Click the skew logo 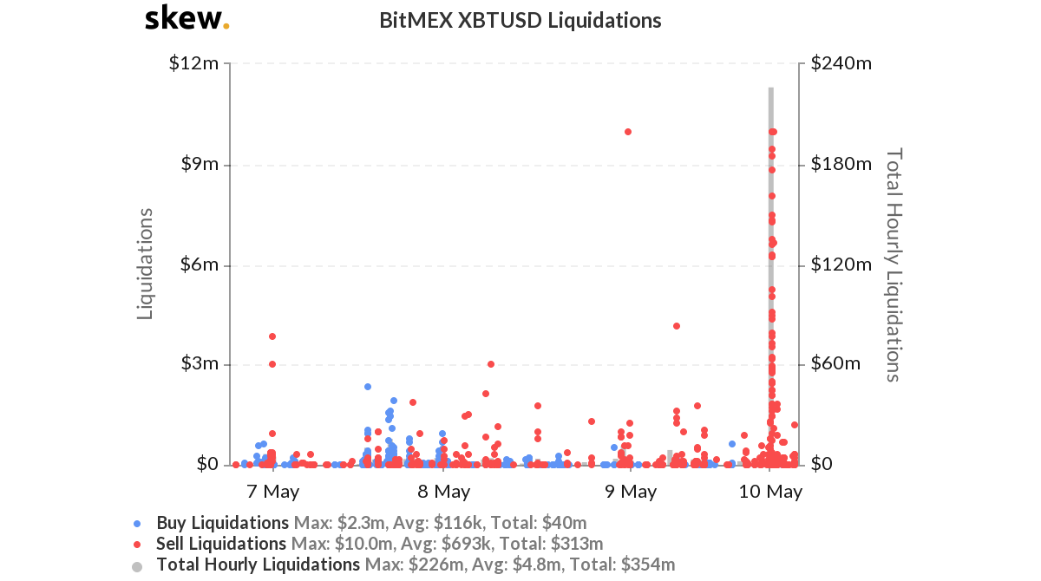click(x=187, y=18)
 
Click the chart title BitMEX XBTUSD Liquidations click(x=520, y=20)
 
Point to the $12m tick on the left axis click(x=194, y=63)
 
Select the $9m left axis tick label click(x=199, y=164)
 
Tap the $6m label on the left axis click(x=199, y=264)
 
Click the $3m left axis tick click(x=199, y=364)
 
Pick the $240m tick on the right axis click(x=841, y=63)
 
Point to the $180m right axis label click(x=841, y=164)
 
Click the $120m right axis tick click(x=841, y=264)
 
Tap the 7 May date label click(x=273, y=492)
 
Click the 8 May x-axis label click(x=444, y=492)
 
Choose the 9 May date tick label click(x=631, y=492)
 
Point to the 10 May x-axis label click(x=771, y=492)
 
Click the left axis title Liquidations click(x=146, y=264)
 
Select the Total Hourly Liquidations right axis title click(x=894, y=264)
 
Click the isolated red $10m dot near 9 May click(x=628, y=132)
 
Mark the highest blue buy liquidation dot click(x=368, y=387)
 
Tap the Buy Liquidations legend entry click(x=222, y=523)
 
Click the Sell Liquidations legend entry click(x=221, y=544)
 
